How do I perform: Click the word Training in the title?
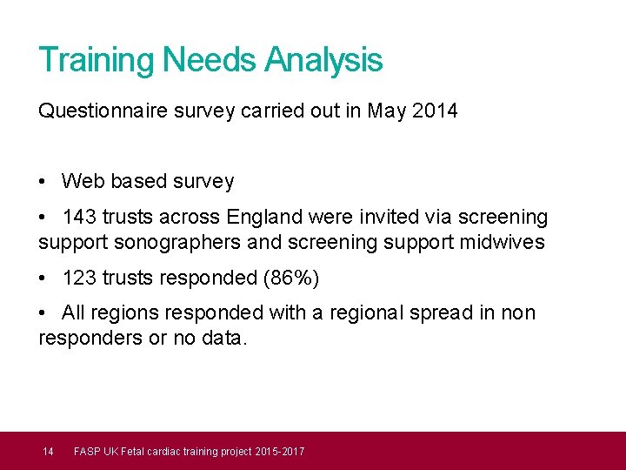[96, 60]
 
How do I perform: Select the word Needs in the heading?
[209, 60]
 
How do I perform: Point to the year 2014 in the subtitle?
[436, 111]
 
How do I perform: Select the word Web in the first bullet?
[82, 182]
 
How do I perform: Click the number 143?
[79, 217]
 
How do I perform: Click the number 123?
[79, 278]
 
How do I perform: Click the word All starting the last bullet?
[74, 312]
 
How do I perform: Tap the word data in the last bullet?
[226, 338]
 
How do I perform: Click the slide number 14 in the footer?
[49, 451]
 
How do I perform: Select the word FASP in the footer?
[87, 451]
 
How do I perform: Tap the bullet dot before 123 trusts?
[43, 279]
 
